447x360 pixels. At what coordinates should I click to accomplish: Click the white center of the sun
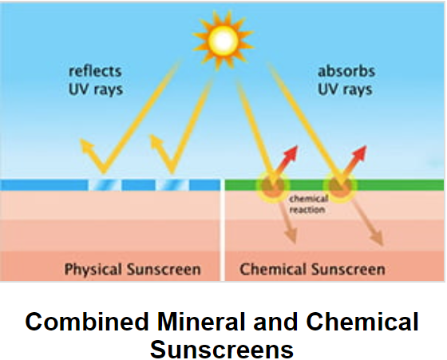coord(223,41)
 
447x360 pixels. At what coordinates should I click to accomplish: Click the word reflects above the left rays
coord(95,71)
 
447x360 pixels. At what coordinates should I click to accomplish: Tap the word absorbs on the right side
coord(346,71)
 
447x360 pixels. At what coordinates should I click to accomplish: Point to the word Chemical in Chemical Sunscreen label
coord(273,269)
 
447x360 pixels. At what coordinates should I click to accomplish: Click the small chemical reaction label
coord(308,204)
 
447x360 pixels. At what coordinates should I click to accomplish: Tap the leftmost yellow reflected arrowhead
coord(87,144)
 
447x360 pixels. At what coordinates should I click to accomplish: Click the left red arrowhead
coord(291,152)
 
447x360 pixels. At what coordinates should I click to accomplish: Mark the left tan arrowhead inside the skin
coord(291,235)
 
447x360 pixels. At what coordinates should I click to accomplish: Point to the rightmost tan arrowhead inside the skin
coord(377,237)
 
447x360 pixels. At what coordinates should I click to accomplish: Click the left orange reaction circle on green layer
coord(273,187)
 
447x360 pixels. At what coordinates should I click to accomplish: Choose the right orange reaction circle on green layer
coord(340,187)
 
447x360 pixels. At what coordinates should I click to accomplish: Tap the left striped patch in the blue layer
coord(105,185)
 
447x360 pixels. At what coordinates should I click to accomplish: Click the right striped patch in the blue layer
coord(172,185)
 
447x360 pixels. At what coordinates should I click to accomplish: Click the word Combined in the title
coord(87,322)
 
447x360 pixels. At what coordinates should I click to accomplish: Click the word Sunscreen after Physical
coord(164,270)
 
